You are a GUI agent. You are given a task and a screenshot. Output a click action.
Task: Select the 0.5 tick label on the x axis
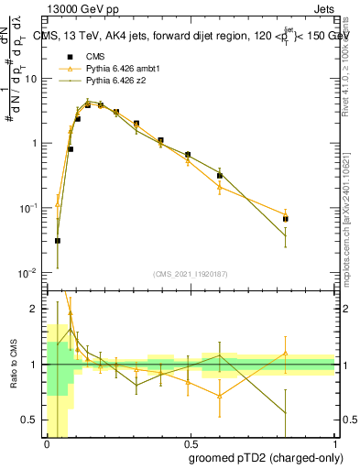[x=191, y=443]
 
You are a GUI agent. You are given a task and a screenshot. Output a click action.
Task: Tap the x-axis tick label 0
[x=47, y=443]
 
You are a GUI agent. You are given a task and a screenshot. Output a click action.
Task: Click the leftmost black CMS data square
[x=58, y=241]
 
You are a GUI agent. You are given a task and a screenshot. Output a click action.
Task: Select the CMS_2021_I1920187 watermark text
[x=191, y=274]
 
